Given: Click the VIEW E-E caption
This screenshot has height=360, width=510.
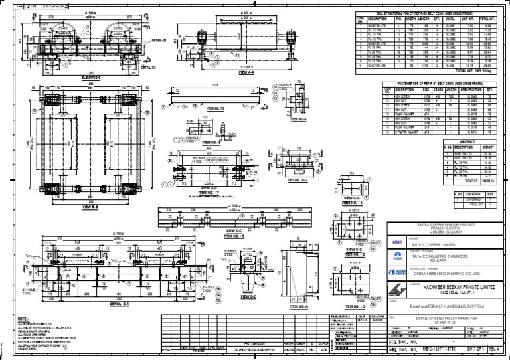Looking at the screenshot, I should click(246, 296).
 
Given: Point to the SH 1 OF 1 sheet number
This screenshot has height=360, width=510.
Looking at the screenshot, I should click(474, 347).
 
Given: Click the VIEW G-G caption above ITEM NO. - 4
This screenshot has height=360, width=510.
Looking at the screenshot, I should click(353, 197).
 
